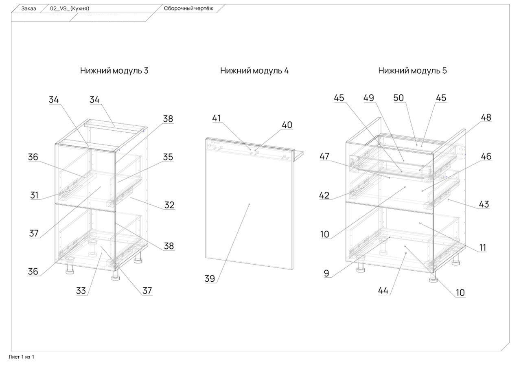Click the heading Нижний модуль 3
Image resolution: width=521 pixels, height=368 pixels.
(x=114, y=70)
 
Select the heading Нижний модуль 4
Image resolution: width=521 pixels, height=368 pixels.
(x=254, y=70)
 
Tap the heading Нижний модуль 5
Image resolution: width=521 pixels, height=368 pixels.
(x=412, y=70)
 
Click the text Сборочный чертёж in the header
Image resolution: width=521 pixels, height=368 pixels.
(x=188, y=8)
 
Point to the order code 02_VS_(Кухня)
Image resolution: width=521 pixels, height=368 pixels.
(x=70, y=8)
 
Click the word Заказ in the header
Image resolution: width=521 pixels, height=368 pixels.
(x=28, y=8)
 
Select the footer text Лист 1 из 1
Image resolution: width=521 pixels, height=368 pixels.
(x=22, y=357)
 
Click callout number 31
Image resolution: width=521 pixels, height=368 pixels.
(x=34, y=195)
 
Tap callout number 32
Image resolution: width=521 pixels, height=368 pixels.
(x=169, y=205)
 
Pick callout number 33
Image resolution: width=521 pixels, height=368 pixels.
(x=82, y=291)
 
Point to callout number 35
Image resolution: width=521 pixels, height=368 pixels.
(x=168, y=157)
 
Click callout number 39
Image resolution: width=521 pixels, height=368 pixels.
(x=210, y=279)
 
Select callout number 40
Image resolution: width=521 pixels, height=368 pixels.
(x=287, y=125)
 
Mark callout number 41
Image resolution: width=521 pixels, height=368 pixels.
(x=217, y=118)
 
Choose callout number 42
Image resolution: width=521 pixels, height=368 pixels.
(x=324, y=195)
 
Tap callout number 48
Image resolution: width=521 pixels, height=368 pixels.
(x=486, y=117)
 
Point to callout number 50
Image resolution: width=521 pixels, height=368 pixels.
(x=398, y=98)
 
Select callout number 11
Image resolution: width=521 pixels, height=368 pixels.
(x=482, y=247)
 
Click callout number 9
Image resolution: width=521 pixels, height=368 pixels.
(x=326, y=274)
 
